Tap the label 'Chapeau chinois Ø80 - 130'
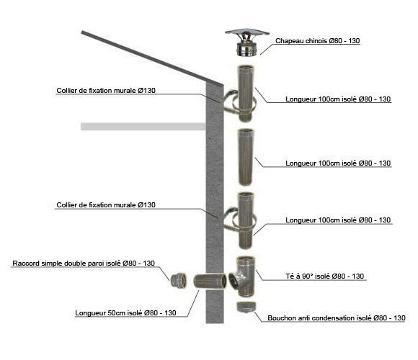[x=318, y=41]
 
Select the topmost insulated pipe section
[x=246, y=93]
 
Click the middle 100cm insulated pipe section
[x=246, y=157]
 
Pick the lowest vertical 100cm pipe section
[x=246, y=220]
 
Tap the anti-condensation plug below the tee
[x=246, y=307]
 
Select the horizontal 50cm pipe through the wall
[x=210, y=282]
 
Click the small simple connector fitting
[x=179, y=279]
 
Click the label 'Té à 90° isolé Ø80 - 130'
[x=325, y=276]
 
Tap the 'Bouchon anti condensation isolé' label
[x=337, y=318]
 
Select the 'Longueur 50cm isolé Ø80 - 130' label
[x=125, y=313]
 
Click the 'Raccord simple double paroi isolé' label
[x=84, y=263]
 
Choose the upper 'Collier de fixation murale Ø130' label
[x=106, y=90]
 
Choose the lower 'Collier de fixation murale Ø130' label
[x=106, y=204]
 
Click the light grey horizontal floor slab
[x=143, y=127]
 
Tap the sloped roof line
[x=152, y=58]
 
